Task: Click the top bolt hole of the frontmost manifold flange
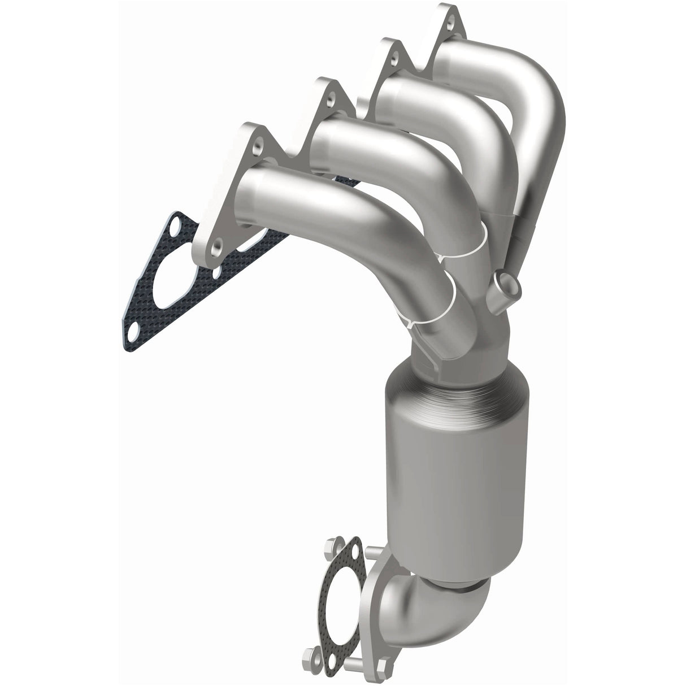pyautogui.click(x=258, y=146)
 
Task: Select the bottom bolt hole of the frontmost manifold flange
pyautogui.click(x=216, y=246)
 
